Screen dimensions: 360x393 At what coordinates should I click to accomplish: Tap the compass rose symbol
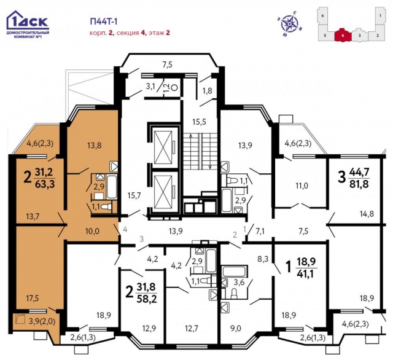click(x=289, y=23)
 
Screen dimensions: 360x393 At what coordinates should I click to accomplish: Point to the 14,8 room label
click(x=367, y=214)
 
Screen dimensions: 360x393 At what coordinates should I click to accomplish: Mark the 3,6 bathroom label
click(x=239, y=283)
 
